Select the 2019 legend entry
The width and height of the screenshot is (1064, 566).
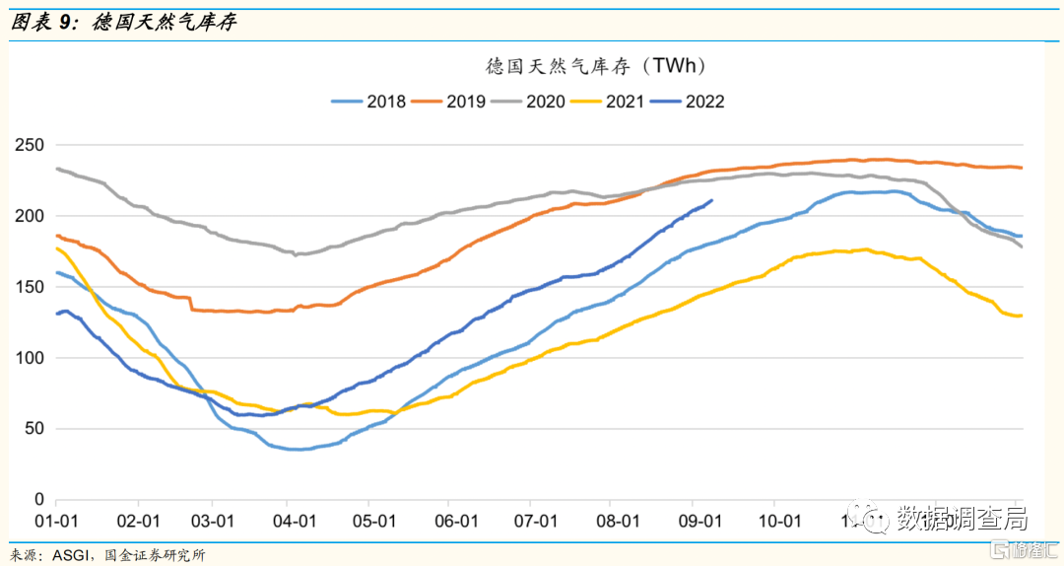(x=464, y=102)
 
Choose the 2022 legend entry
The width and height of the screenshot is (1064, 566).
(x=704, y=102)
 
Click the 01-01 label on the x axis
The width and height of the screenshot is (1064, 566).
(x=56, y=521)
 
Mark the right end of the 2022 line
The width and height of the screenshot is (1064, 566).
(x=712, y=201)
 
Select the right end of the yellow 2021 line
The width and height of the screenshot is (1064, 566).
(x=1022, y=316)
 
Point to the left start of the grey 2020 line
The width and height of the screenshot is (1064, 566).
(x=56, y=169)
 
